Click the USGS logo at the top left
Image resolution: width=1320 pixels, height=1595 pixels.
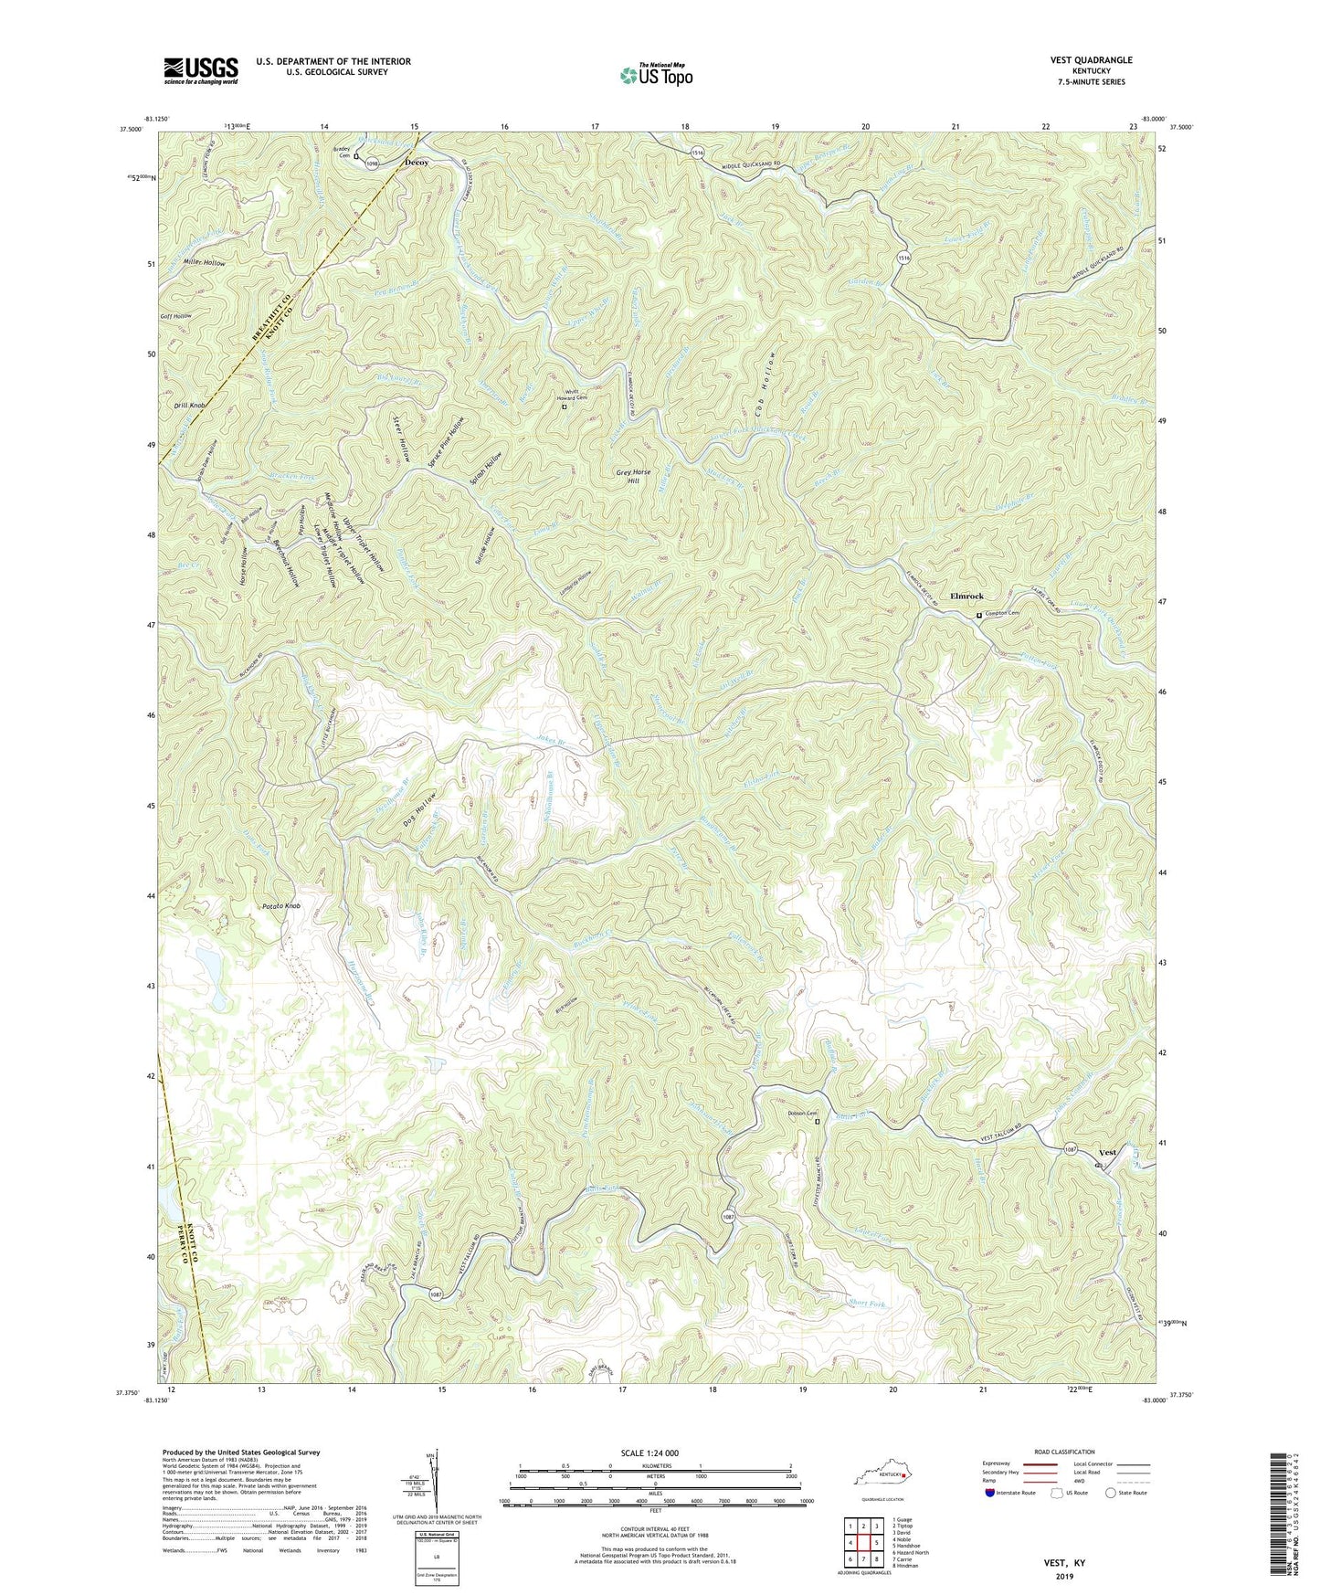tap(201, 70)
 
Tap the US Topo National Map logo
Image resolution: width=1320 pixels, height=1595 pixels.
tap(656, 74)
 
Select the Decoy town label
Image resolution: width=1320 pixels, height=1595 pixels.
tap(416, 163)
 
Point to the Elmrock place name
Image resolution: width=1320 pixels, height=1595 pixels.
tap(966, 597)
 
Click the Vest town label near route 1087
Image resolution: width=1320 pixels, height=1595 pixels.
tap(1107, 1153)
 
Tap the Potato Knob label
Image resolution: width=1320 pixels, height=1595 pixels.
tap(280, 906)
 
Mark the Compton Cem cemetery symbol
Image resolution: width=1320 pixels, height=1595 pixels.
tap(979, 615)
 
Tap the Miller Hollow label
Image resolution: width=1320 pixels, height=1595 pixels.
tap(204, 263)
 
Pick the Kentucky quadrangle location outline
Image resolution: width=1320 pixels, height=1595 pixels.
tap(882, 1475)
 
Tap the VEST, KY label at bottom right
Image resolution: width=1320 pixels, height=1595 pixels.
tap(1064, 1563)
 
